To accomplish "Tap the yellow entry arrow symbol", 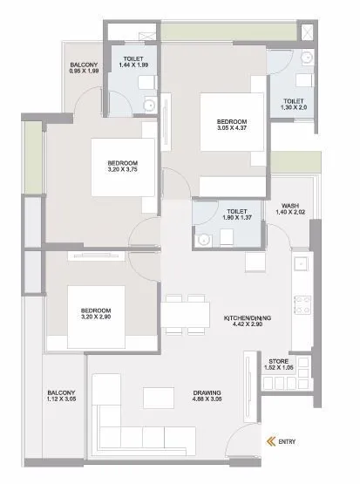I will pyautogui.click(x=271, y=441).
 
